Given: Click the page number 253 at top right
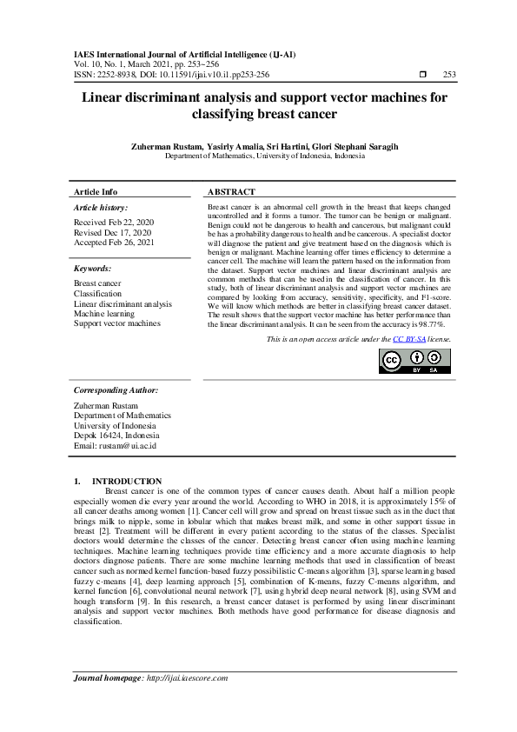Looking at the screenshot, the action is tap(449, 75).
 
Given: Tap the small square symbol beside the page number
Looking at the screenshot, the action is tap(423, 75).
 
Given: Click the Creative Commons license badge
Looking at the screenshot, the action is tap(414, 360).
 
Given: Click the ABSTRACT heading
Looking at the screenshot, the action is tap(232, 191).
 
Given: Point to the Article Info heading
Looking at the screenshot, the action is tap(96, 191).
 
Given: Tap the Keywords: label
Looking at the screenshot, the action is tap(92, 270).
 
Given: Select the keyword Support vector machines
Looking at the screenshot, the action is tap(117, 323).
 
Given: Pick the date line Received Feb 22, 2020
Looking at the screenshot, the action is tap(113, 223).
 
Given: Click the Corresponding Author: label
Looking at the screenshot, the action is tap(116, 389).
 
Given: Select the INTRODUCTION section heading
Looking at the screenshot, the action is tap(127, 481).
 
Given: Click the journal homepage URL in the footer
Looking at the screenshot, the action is tap(193, 702).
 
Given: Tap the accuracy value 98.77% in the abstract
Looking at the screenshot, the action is tap(429, 323).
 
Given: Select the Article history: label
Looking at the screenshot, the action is tap(101, 209).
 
